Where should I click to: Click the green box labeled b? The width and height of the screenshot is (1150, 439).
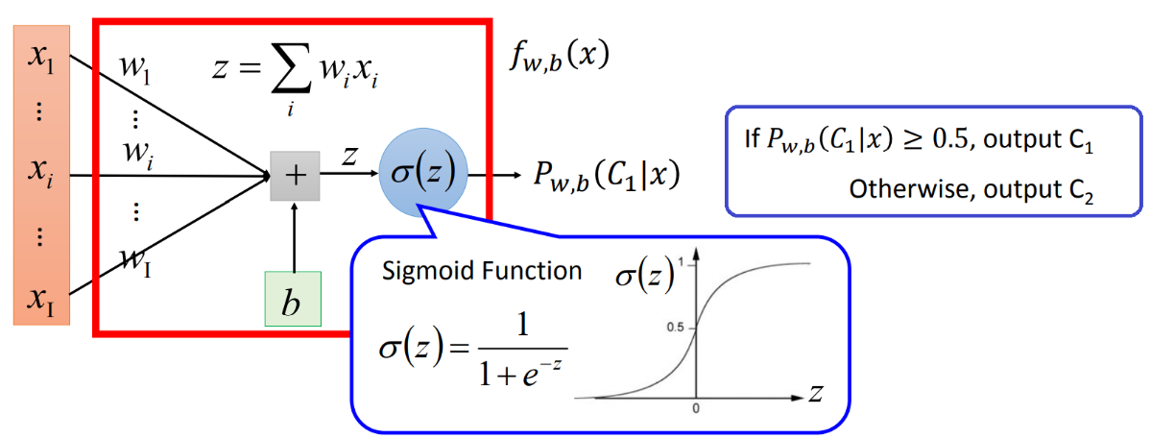click(294, 301)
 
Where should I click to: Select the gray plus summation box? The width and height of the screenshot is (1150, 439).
click(295, 176)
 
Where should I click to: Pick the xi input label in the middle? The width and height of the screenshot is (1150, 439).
click(41, 174)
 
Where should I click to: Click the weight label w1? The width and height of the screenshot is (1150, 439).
click(133, 69)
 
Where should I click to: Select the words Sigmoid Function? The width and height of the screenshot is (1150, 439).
click(482, 271)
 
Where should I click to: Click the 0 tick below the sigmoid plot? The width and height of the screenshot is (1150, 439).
click(696, 408)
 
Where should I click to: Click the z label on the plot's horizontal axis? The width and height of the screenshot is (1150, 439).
click(815, 393)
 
